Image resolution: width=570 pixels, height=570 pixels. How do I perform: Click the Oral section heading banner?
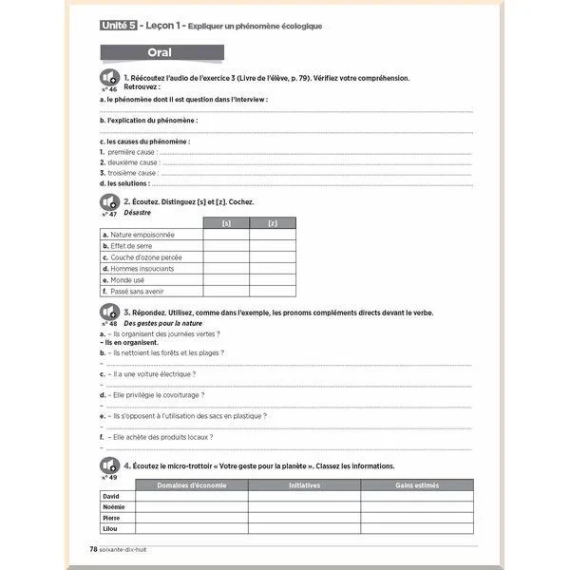click(161, 52)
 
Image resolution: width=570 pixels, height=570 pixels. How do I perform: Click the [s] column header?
click(226, 223)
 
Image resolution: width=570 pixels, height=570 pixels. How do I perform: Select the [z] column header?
click(273, 223)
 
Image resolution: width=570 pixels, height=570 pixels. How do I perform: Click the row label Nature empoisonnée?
click(142, 235)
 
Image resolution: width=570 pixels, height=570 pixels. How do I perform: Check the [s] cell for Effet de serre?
click(226, 246)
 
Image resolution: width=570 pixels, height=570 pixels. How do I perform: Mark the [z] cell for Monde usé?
click(273, 280)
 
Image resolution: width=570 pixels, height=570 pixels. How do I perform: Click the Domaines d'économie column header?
click(191, 484)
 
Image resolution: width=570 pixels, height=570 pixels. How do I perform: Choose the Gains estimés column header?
click(417, 484)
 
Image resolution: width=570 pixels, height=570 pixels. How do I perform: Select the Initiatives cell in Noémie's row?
click(304, 506)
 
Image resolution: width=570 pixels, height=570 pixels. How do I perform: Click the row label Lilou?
click(111, 528)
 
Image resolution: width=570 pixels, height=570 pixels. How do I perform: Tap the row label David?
click(112, 496)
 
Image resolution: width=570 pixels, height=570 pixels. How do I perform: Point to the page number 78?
click(93, 548)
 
